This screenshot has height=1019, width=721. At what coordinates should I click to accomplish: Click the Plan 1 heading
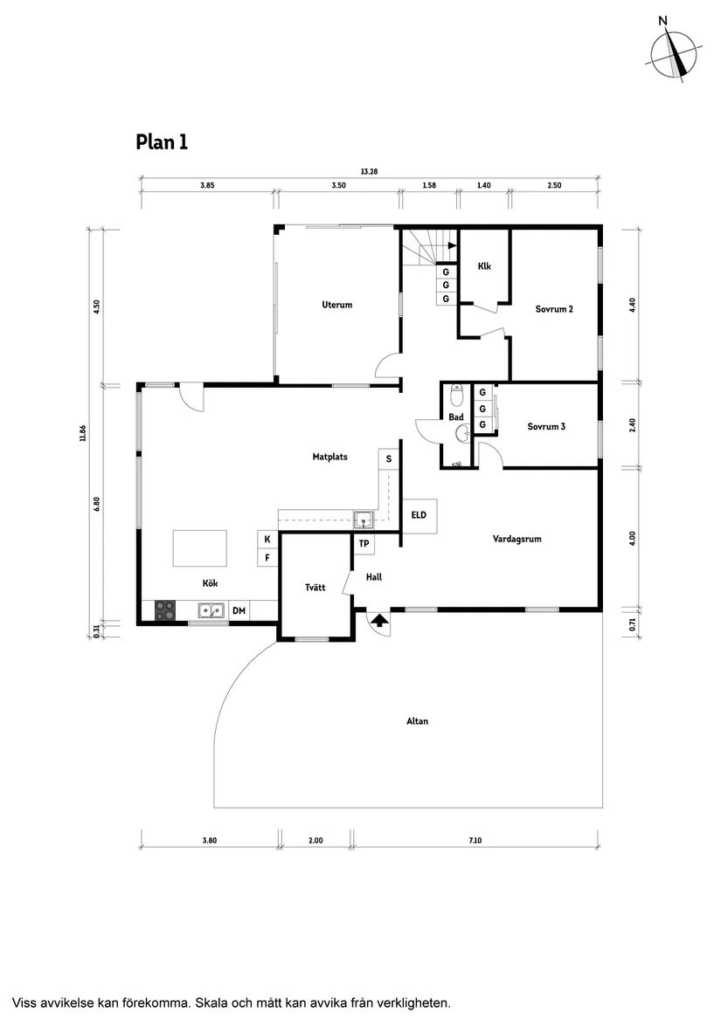tap(162, 141)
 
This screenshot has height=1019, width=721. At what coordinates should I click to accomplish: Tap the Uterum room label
tap(336, 305)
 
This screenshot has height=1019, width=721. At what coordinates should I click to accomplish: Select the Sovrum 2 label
tap(554, 308)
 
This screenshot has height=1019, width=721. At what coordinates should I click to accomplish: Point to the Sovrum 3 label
tap(546, 426)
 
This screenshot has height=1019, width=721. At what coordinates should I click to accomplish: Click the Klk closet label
tap(485, 266)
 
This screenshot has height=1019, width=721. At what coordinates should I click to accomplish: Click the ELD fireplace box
tap(419, 515)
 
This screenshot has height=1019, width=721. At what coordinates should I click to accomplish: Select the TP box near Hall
tap(364, 544)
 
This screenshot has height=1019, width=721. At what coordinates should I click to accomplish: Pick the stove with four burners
tap(166, 611)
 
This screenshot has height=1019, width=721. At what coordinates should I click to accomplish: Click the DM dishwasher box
tap(239, 611)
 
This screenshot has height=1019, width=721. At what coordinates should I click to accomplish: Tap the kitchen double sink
tap(210, 611)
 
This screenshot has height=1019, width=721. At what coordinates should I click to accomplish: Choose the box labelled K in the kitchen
tap(267, 540)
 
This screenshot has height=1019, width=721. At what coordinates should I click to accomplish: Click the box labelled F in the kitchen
tap(267, 557)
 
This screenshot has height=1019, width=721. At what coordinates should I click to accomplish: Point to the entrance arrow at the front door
tap(379, 621)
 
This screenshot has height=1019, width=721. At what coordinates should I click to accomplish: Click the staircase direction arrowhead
tap(451, 246)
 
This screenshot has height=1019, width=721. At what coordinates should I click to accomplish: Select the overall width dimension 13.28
tap(368, 171)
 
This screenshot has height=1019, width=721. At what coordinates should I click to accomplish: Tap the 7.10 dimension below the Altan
tap(475, 840)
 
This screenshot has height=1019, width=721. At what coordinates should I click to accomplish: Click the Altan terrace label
tap(417, 721)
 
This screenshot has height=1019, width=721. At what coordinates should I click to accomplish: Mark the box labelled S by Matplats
tap(389, 458)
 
